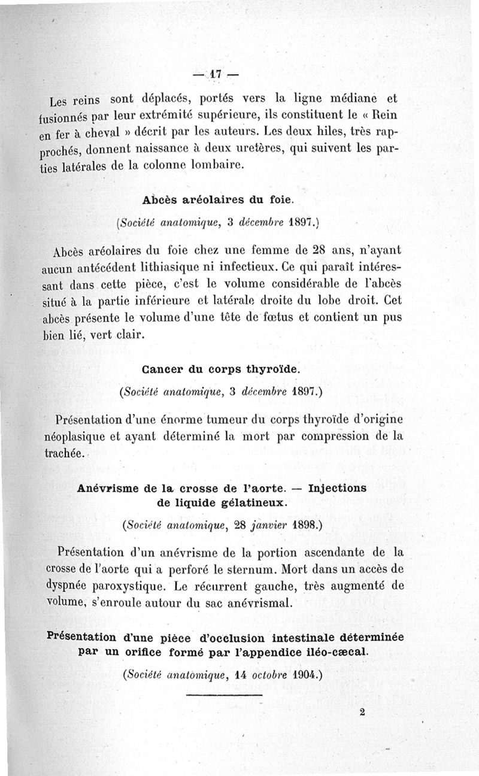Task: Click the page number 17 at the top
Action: [x=216, y=75]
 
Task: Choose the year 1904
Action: [x=304, y=675]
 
